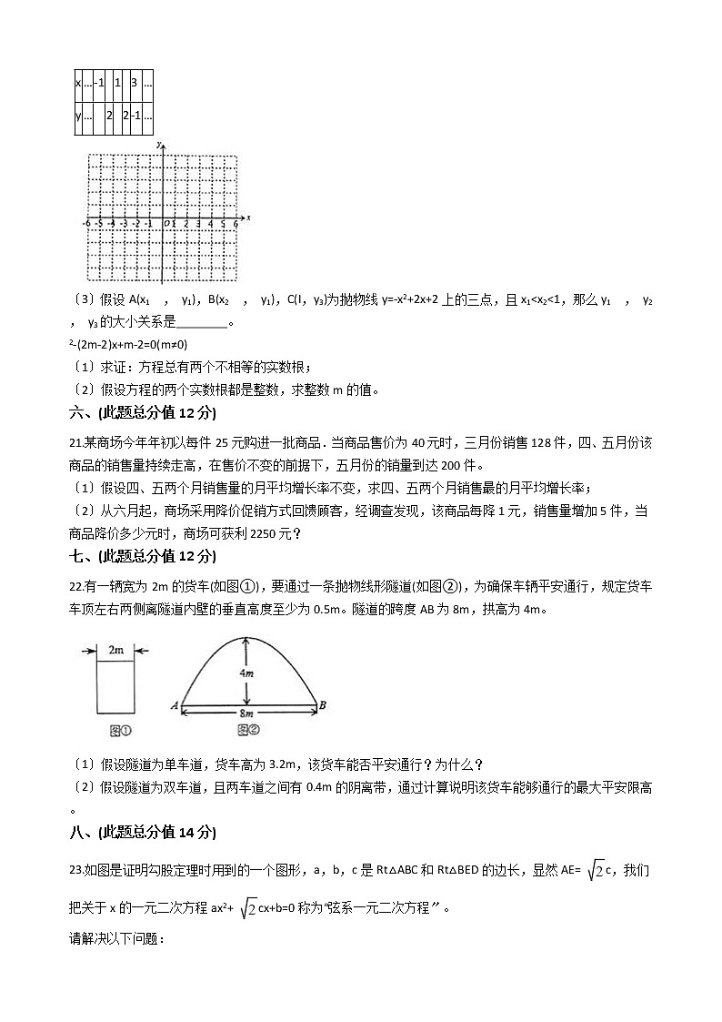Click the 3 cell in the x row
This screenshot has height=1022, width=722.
click(x=134, y=83)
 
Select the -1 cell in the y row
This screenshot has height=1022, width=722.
click(x=135, y=116)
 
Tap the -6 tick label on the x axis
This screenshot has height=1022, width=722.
click(x=86, y=223)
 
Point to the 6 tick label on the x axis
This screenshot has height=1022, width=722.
click(x=236, y=223)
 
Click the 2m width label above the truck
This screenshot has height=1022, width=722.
click(x=116, y=651)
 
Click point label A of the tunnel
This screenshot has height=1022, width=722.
click(x=173, y=703)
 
